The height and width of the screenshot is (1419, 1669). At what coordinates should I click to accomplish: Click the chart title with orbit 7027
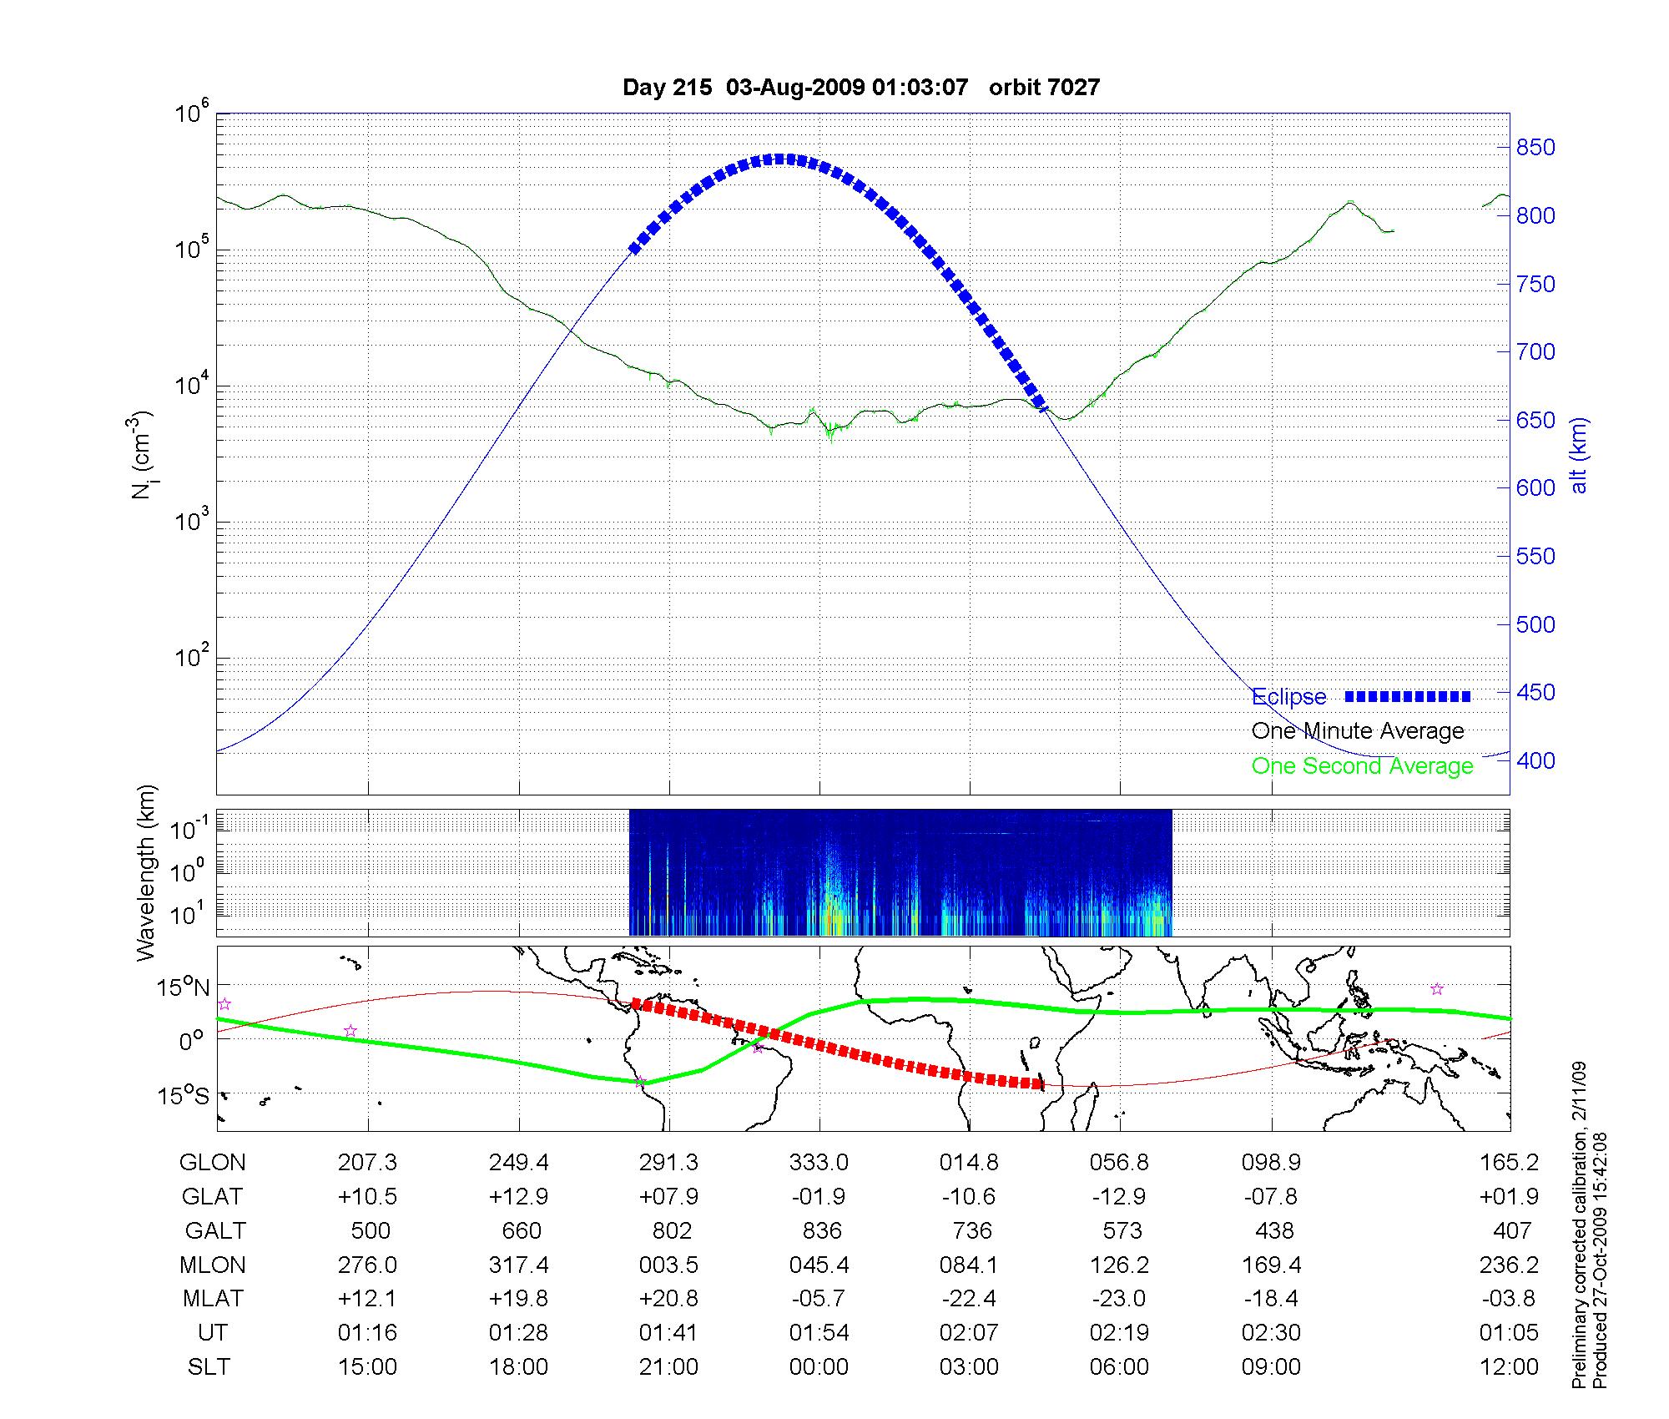coord(861,88)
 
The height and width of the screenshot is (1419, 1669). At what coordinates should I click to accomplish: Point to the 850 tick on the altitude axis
coord(1535,148)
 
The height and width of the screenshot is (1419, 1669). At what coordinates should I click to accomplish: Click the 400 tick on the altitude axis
coord(1535,760)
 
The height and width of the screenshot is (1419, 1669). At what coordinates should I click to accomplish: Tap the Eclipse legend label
coord(1288,697)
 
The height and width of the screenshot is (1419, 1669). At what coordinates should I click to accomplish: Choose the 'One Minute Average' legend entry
coord(1358,731)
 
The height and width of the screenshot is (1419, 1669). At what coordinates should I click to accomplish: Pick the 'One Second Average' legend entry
coord(1362,766)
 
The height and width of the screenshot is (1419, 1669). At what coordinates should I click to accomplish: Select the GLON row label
coord(212,1163)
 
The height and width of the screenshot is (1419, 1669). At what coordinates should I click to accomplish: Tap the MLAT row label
coord(212,1299)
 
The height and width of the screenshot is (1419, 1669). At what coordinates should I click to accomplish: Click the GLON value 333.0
coord(819,1163)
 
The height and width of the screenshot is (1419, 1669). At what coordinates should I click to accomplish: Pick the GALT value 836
coord(821,1231)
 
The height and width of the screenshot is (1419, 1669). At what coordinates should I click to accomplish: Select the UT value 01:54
coord(819,1333)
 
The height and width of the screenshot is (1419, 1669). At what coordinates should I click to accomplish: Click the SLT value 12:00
coord(1508,1367)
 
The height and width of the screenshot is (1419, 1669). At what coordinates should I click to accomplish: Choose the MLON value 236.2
coord(1508,1265)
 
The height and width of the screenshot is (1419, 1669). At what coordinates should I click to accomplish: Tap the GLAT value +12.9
coord(518,1197)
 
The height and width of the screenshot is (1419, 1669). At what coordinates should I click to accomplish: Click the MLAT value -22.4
coord(969,1299)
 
